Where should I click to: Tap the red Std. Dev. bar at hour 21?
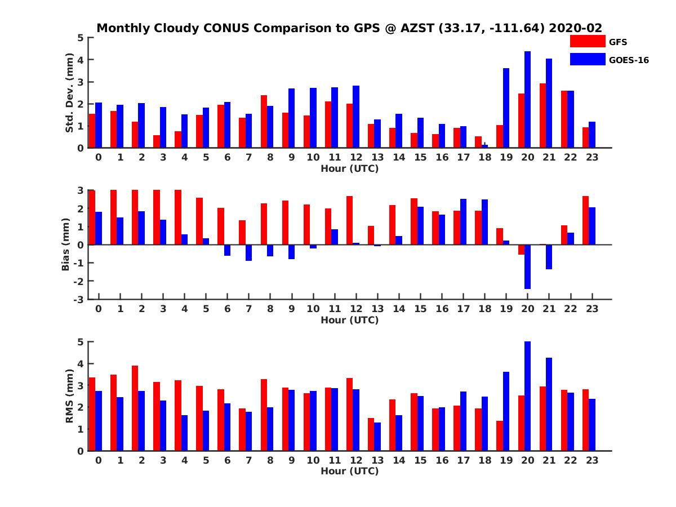click(542, 115)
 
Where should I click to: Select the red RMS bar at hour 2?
click(135, 408)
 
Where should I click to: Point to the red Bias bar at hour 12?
click(350, 220)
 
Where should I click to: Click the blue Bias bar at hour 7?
click(248, 252)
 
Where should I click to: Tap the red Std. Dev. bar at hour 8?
click(264, 121)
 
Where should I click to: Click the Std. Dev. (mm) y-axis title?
click(70, 93)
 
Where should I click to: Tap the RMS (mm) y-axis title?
click(70, 396)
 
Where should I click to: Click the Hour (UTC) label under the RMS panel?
click(349, 471)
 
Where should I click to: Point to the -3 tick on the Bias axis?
click(81, 299)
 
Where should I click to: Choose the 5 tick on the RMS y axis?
click(81, 342)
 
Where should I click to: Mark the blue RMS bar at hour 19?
click(506, 411)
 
